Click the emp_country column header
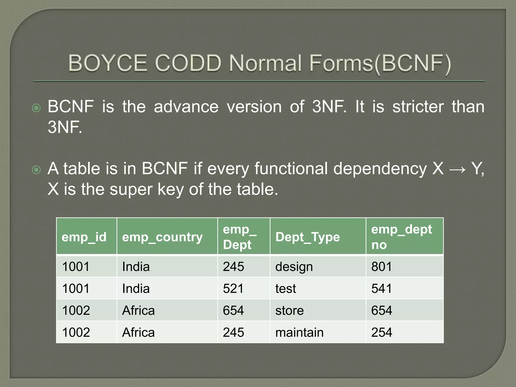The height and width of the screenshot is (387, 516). click(x=162, y=237)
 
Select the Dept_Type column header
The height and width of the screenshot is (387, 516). click(x=307, y=237)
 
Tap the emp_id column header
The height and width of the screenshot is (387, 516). click(x=84, y=237)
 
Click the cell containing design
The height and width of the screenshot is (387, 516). click(x=294, y=267)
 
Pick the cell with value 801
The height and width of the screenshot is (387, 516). click(x=381, y=267)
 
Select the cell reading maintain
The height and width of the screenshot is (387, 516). click(x=299, y=332)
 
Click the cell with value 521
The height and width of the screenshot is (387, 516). click(x=233, y=288)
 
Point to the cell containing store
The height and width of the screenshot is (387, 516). click(x=289, y=310)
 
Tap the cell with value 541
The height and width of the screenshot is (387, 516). click(x=381, y=288)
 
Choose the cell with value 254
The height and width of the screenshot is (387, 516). click(x=381, y=332)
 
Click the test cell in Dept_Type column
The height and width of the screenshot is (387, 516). click(x=285, y=288)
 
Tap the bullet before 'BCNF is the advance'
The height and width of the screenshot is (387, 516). click(x=37, y=108)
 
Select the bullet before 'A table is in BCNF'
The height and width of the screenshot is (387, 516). click(x=37, y=170)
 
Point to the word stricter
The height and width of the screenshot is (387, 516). click(x=418, y=107)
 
